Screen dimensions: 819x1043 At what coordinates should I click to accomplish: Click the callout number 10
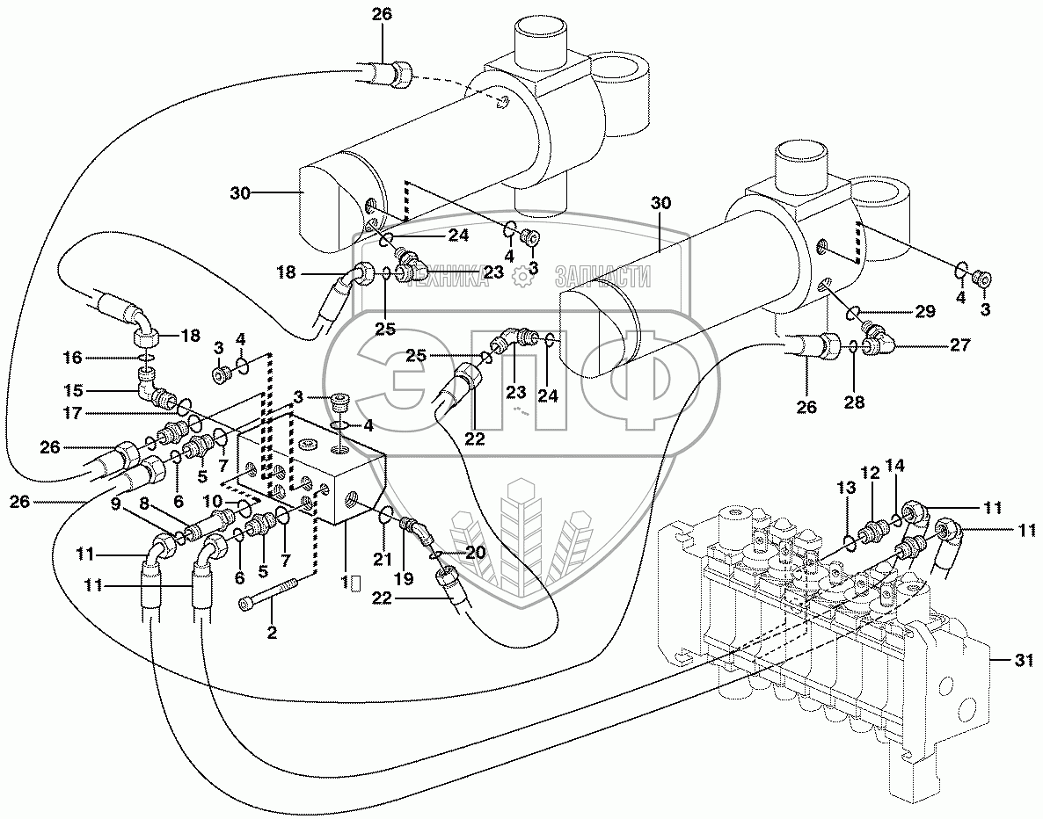pos(214,502)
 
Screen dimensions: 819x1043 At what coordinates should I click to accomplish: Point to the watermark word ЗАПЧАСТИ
pos(603,278)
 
